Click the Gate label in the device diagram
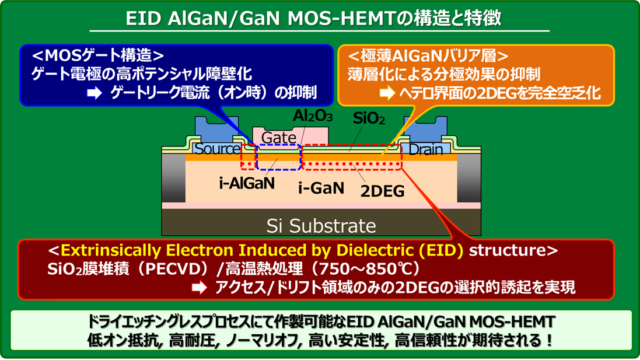[x=279, y=138]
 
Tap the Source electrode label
[x=216, y=149]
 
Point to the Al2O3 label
[x=313, y=117]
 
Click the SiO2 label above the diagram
[x=369, y=120]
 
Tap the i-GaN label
[x=321, y=188]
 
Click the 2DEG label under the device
[x=382, y=191]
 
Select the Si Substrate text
[x=321, y=225]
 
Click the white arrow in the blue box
[x=95, y=93]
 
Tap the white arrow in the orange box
[x=387, y=93]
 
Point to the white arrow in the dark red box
[x=200, y=288]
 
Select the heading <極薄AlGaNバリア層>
[x=428, y=56]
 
